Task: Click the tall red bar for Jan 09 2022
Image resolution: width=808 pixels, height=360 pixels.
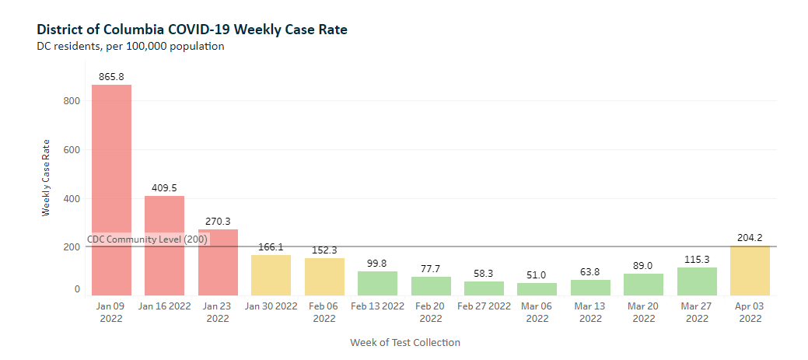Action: point(111,190)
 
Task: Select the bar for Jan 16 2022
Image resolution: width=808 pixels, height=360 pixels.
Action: point(164,246)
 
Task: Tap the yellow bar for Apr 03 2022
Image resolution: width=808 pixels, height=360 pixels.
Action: point(750,271)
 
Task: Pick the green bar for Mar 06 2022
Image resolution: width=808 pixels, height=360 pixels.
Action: point(537,289)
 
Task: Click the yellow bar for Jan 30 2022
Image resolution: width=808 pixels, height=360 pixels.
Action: point(271,275)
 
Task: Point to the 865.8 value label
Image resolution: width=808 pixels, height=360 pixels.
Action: point(111,77)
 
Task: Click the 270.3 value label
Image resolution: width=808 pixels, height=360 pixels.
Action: point(218,222)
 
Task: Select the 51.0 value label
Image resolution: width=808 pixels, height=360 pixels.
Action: point(537,275)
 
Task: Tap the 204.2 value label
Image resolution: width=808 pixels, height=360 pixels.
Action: point(750,238)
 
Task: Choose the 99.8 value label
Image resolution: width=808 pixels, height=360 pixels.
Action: point(377,264)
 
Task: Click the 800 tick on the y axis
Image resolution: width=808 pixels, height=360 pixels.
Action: point(72,100)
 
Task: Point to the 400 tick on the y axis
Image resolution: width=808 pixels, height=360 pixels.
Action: point(72,198)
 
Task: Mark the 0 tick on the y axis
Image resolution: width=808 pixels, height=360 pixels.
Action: point(77,289)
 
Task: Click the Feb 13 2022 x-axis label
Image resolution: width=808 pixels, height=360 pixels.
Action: point(377,306)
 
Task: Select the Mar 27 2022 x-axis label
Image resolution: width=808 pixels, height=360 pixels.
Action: point(697,312)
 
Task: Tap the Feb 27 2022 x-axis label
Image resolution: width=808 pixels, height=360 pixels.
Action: point(484,306)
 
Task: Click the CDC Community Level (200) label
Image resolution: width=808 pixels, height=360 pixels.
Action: point(147,239)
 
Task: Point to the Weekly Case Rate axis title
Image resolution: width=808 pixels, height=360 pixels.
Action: point(46,177)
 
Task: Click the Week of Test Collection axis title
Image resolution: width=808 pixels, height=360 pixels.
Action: point(404,343)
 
